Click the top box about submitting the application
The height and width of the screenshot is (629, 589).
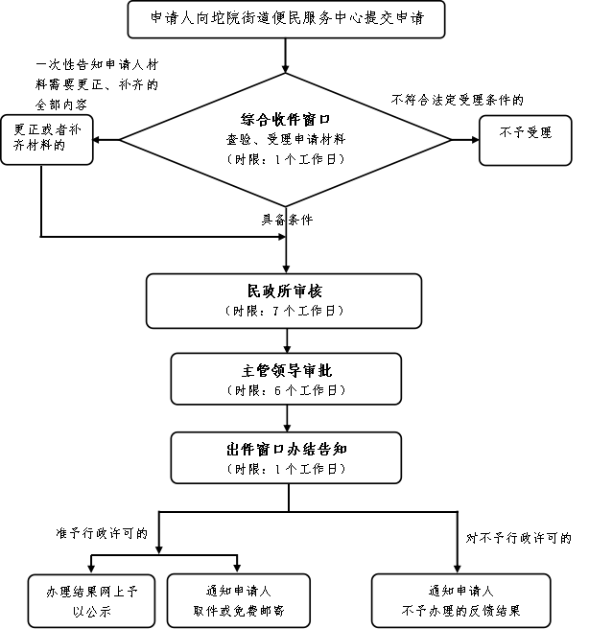click(286, 19)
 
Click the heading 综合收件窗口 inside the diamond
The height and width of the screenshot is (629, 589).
click(286, 120)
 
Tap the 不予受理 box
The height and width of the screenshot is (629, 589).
click(525, 140)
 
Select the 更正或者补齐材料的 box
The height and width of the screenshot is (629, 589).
click(47, 140)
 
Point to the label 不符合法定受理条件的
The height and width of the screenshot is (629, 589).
click(458, 100)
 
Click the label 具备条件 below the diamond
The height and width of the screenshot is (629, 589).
click(287, 220)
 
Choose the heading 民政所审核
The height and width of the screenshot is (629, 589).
click(284, 291)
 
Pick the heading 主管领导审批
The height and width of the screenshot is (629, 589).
click(287, 371)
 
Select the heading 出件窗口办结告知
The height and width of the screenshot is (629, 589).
click(287, 450)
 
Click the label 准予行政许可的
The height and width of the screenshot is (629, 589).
click(102, 533)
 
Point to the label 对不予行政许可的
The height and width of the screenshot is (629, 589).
click(518, 538)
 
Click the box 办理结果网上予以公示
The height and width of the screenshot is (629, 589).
click(91, 600)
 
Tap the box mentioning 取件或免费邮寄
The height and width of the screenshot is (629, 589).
click(239, 600)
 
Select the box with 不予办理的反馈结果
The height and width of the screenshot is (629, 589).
click(461, 600)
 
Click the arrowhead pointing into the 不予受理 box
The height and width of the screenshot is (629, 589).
click(476, 140)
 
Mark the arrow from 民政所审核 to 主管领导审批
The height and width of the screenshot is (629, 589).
click(287, 341)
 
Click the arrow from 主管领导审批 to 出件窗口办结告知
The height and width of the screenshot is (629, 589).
click(287, 418)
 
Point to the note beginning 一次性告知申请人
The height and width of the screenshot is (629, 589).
click(97, 84)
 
